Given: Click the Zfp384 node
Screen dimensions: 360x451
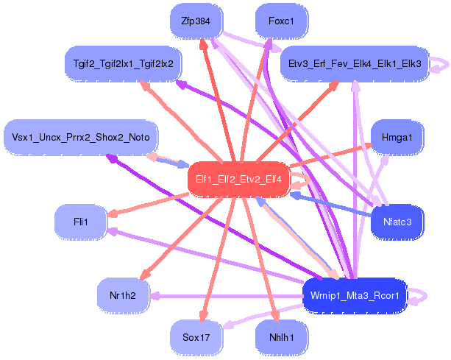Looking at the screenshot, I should (x=196, y=21).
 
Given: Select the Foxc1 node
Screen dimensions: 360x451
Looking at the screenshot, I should (x=281, y=21).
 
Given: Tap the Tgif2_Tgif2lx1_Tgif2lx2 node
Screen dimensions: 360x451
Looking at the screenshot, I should (x=119, y=64).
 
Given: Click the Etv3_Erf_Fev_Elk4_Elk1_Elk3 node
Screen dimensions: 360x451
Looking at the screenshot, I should (x=355, y=64).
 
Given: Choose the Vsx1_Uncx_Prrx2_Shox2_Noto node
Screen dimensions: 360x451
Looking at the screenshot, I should (x=81, y=137).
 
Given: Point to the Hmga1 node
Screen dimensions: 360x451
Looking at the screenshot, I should (x=397, y=137).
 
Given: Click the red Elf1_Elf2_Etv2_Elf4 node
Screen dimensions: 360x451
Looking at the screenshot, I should (x=238, y=178).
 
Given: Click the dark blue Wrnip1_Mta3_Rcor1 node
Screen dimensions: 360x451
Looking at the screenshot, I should (x=354, y=296).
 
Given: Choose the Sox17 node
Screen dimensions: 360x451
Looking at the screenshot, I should (x=196, y=338).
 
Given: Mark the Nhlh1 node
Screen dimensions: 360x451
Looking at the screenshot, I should (x=281, y=338).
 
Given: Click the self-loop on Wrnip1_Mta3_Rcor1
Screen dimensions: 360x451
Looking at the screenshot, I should (x=420, y=296).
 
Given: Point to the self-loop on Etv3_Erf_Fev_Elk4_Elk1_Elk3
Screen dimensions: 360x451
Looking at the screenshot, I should (x=441, y=65).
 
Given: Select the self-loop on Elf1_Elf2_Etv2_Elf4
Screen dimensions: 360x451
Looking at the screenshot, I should (x=301, y=179).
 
